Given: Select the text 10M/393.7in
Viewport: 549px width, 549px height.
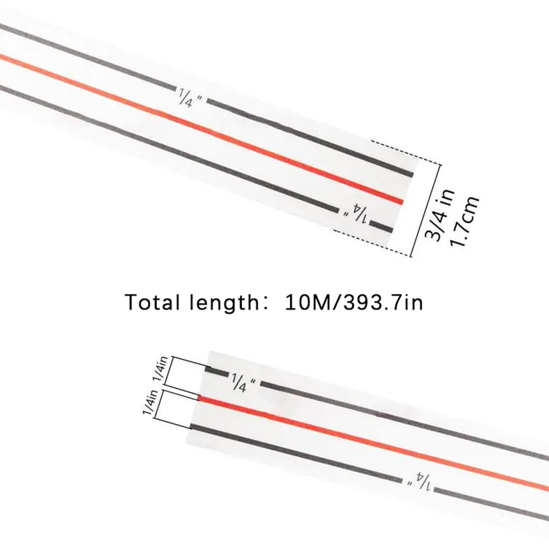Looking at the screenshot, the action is (x=354, y=302).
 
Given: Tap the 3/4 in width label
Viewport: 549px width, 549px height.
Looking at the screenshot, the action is (x=440, y=215).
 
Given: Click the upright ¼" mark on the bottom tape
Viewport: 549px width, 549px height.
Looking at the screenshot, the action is (x=243, y=382).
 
